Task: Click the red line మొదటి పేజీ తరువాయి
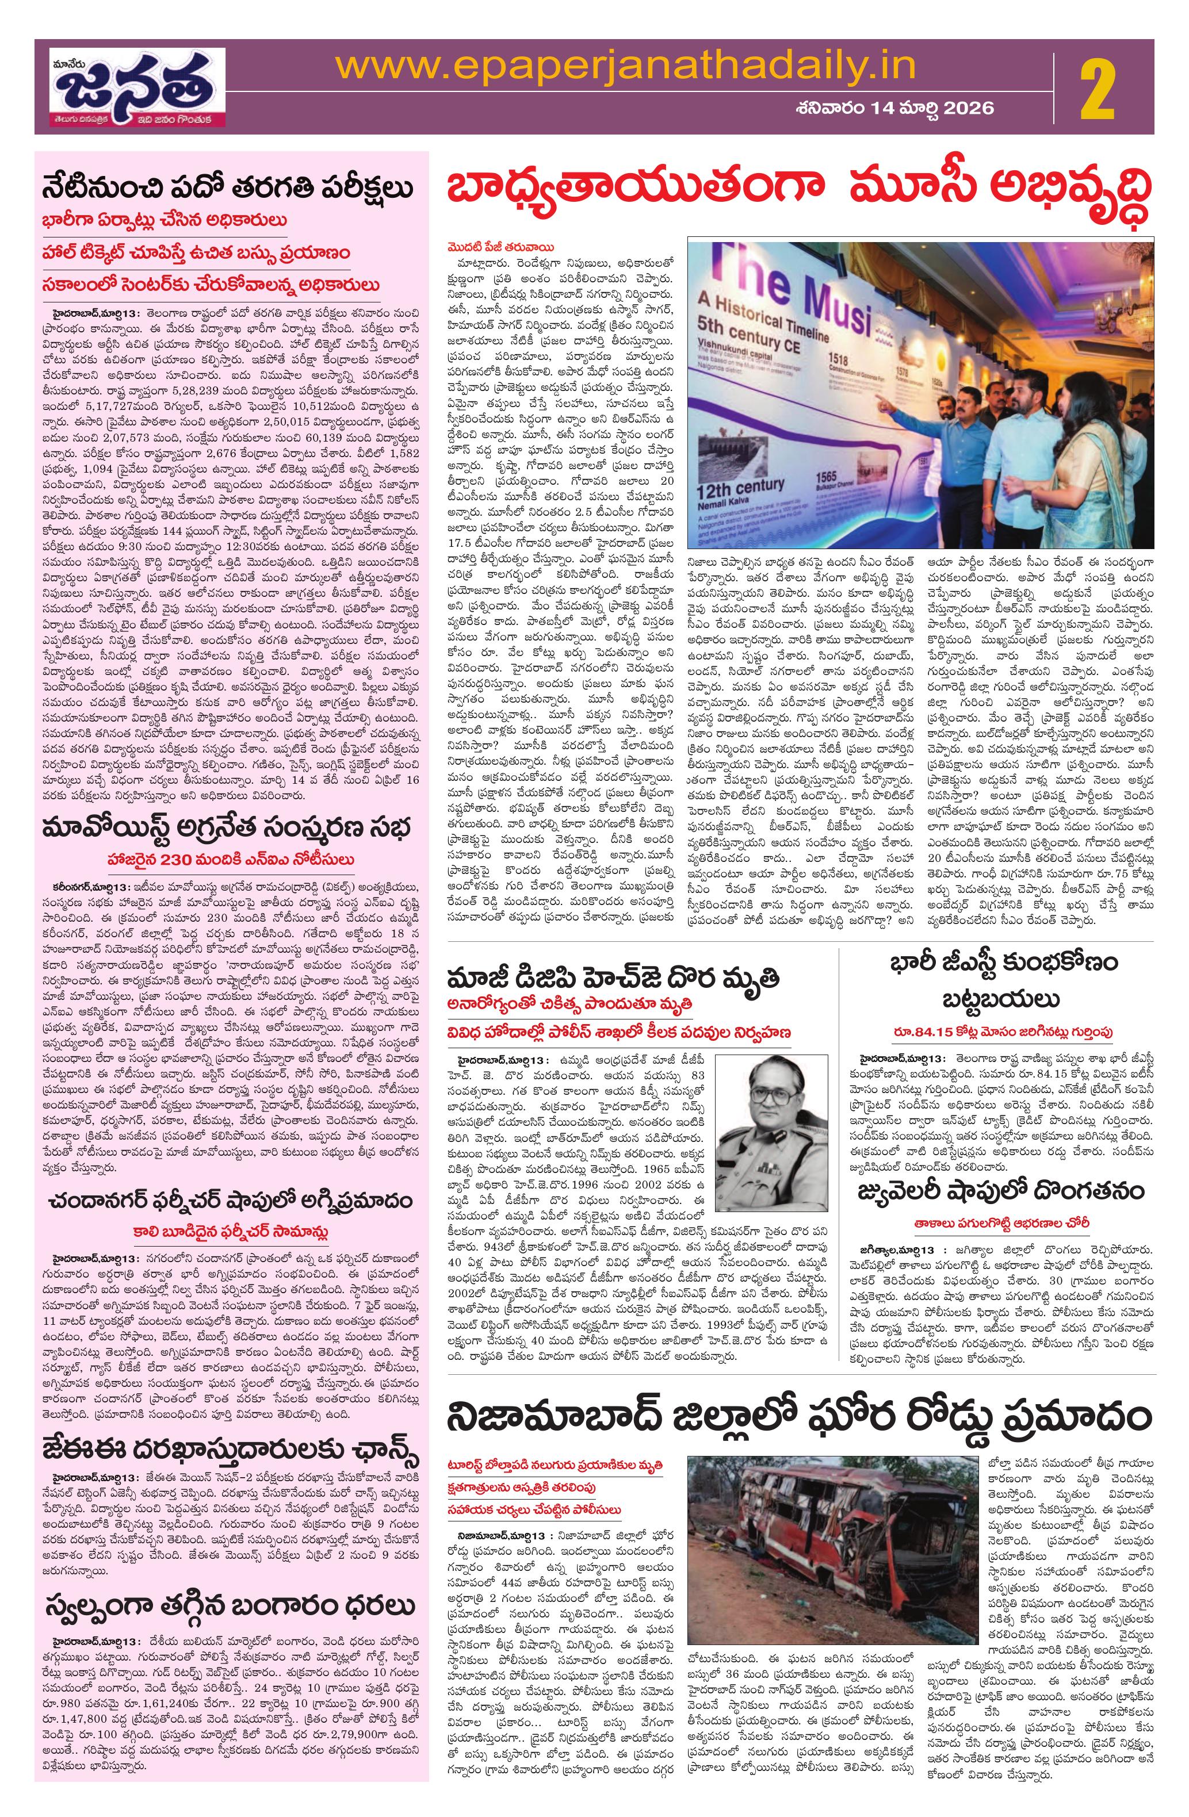pos(500,247)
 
